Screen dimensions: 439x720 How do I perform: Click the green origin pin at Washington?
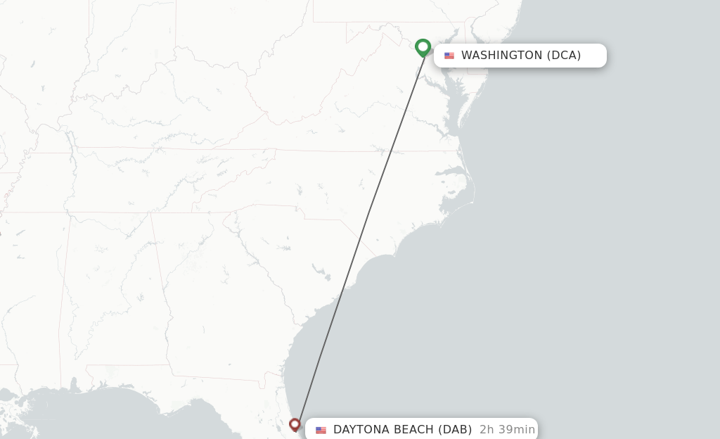pos(423,47)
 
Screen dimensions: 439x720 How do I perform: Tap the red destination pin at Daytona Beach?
pos(295,424)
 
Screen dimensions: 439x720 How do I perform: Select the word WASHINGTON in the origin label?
pos(501,56)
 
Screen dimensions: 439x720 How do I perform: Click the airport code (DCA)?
pos(564,56)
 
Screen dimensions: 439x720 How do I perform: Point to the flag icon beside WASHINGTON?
pos(449,56)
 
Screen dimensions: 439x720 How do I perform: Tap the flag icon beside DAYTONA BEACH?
pos(321,430)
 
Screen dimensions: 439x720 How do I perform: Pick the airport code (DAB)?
pos(455,430)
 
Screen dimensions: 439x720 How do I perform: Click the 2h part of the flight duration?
pos(486,430)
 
